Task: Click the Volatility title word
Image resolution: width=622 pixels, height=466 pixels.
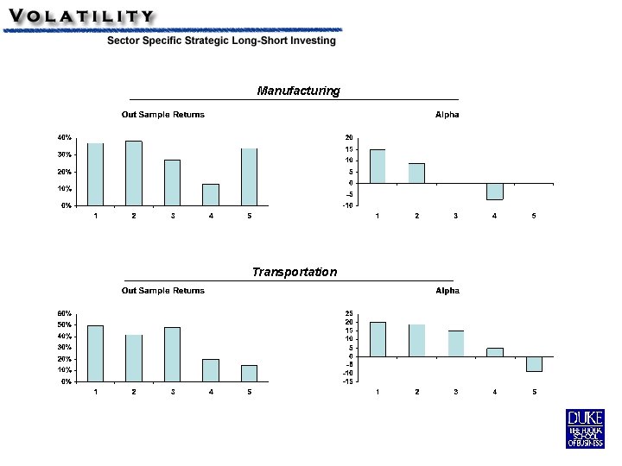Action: [81, 16]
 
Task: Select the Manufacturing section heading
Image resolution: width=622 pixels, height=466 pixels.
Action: [298, 91]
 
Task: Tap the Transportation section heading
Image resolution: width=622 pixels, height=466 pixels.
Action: [295, 272]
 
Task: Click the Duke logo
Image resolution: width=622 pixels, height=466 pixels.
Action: [585, 429]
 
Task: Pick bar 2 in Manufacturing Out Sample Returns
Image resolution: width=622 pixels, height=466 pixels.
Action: [134, 173]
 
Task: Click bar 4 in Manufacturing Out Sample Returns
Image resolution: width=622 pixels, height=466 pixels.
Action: [211, 194]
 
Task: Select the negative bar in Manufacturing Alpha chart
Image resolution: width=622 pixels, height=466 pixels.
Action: [495, 192]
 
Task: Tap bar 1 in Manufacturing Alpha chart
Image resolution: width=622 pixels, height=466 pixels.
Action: [378, 167]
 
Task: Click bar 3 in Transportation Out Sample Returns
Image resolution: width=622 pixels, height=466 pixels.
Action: [172, 355]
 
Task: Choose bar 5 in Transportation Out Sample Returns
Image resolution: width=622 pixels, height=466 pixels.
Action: [249, 374]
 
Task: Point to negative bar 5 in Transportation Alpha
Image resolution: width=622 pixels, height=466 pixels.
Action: [535, 364]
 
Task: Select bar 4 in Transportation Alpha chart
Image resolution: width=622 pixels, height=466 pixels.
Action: [495, 352]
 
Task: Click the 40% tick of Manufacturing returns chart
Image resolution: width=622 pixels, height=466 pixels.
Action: [64, 137]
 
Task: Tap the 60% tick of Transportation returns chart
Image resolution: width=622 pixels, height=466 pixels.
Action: [64, 313]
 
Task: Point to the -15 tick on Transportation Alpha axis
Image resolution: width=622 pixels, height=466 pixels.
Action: [348, 381]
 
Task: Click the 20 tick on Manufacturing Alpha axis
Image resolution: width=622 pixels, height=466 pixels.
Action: [349, 137]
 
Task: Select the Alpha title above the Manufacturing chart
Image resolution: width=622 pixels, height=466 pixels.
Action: [447, 115]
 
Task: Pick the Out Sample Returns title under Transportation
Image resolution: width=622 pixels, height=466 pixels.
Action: [163, 291]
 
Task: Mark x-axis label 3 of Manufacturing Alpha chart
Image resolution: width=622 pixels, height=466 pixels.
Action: [456, 216]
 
